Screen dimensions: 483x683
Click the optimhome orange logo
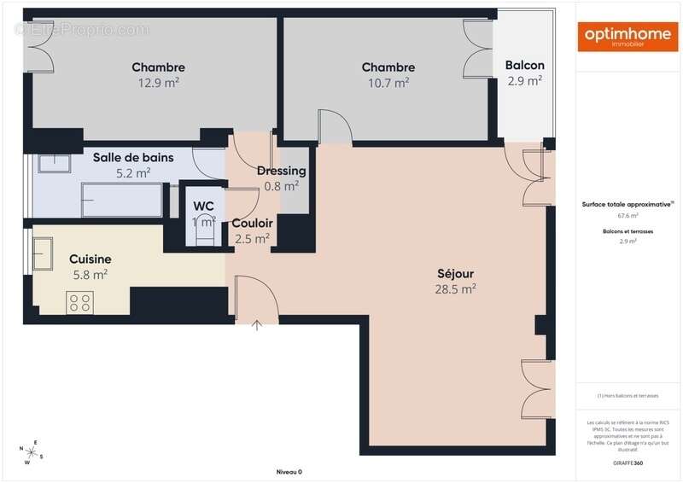point(628,37)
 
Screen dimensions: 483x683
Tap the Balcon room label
point(524,66)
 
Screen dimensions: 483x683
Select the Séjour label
point(455,274)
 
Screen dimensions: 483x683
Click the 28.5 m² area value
point(455,289)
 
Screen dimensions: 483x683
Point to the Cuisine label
point(90,259)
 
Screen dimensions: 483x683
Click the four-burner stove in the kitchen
point(80,301)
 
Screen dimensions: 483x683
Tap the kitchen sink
point(43,253)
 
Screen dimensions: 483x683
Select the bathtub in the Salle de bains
point(121,200)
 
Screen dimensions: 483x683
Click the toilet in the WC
point(204,233)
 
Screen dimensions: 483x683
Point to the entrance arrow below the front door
point(258,324)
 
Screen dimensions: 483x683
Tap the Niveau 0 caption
point(289,472)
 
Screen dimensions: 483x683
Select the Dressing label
point(281,171)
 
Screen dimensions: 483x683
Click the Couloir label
point(252,224)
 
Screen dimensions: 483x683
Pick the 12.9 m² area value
point(158,83)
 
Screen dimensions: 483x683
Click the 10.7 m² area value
point(388,83)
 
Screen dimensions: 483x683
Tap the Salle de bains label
point(133,157)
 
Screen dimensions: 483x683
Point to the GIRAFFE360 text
point(628,462)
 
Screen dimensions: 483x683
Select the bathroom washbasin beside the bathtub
point(54,163)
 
